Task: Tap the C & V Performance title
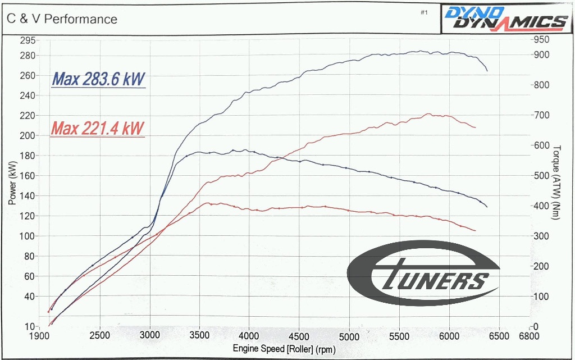click(62, 19)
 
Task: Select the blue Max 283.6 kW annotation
click(98, 80)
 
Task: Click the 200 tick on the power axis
click(28, 136)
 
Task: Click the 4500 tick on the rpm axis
click(299, 336)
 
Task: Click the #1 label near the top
click(424, 12)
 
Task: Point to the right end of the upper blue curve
click(487, 71)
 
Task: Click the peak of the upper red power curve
click(428, 114)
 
